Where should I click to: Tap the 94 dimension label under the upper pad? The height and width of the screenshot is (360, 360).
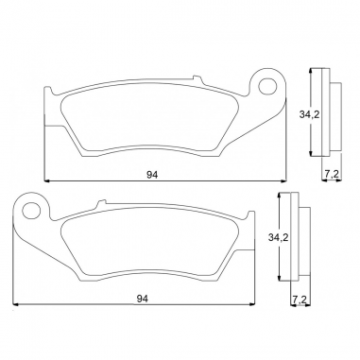click(x=152, y=175)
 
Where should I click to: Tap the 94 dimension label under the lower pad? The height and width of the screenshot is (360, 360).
click(x=143, y=299)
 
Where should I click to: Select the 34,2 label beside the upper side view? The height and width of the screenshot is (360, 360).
click(x=309, y=114)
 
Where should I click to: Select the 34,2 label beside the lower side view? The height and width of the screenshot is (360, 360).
click(x=279, y=237)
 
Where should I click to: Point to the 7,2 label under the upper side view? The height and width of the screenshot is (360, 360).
click(x=332, y=175)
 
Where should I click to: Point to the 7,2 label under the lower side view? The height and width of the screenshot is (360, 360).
click(x=300, y=300)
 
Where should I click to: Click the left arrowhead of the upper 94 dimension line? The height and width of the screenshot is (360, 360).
click(x=47, y=181)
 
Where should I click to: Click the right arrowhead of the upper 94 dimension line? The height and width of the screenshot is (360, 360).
click(x=283, y=181)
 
